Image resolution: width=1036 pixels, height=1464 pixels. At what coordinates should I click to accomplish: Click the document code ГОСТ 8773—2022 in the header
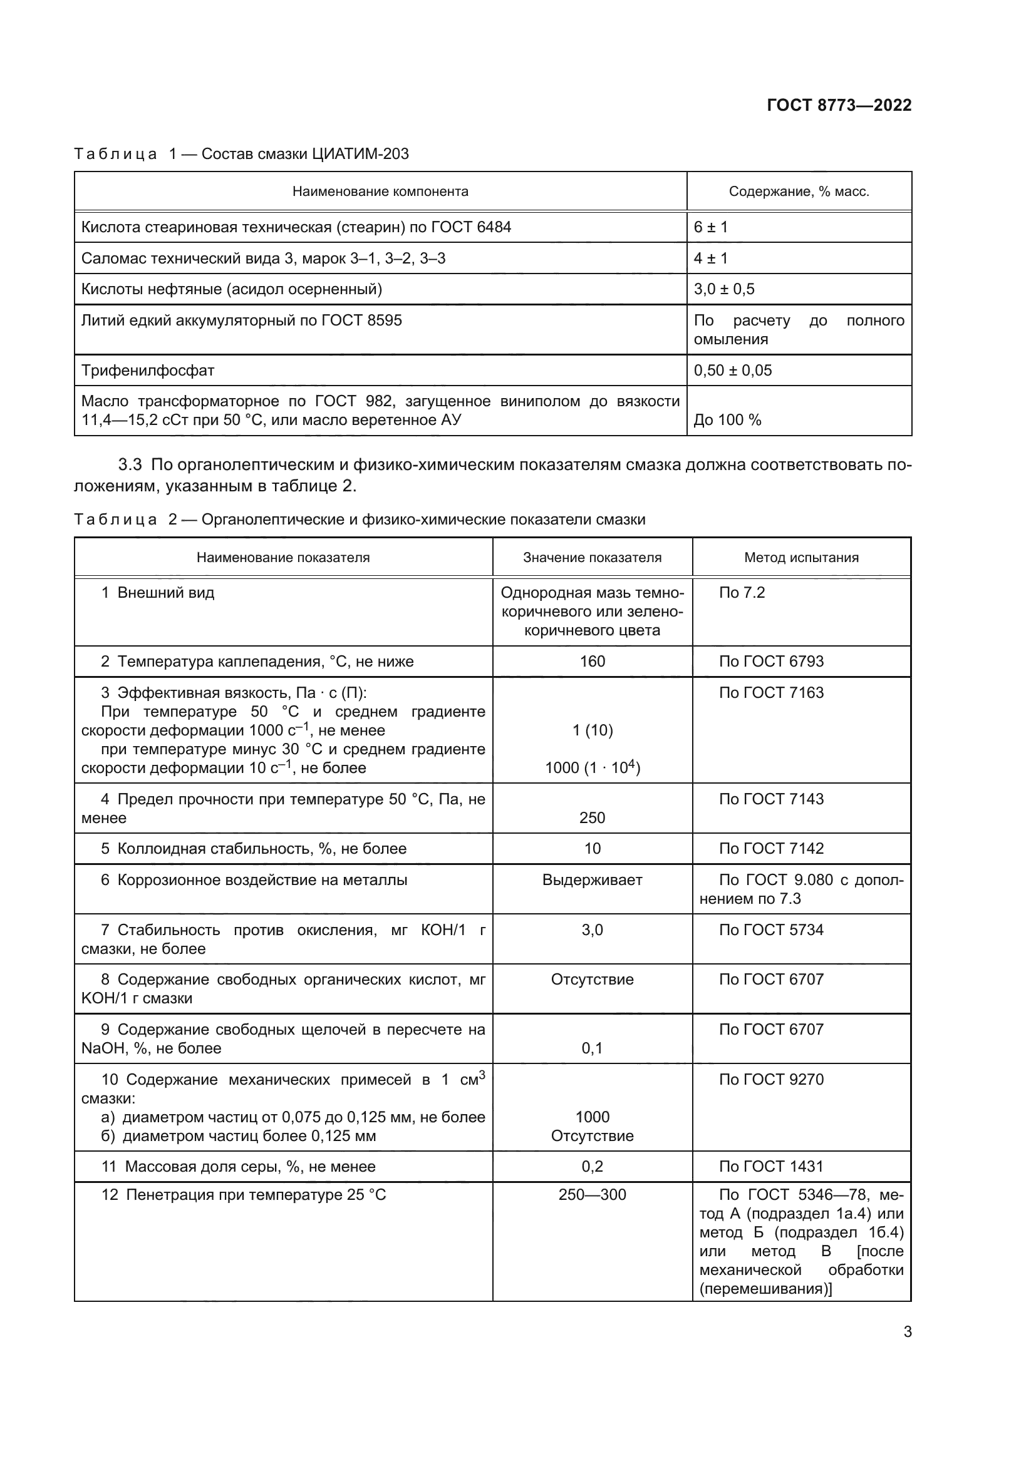(838, 105)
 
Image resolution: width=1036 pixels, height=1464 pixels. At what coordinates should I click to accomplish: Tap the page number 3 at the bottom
(907, 1331)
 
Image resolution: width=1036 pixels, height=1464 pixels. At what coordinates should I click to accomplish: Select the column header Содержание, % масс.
(799, 192)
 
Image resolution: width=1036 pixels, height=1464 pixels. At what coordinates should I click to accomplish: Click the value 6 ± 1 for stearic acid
(711, 227)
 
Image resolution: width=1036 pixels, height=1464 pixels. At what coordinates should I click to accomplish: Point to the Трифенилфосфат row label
(148, 370)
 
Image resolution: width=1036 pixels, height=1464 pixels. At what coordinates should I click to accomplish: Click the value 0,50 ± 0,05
(732, 370)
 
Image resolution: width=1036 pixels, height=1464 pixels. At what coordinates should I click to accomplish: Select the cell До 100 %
(727, 419)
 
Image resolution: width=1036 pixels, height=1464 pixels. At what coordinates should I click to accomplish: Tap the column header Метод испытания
(801, 557)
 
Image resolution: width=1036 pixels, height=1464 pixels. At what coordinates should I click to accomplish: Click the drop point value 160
(592, 661)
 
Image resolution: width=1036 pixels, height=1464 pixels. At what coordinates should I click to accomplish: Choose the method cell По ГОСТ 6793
(770, 661)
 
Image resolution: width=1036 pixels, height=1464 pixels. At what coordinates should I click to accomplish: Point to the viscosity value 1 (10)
(592, 730)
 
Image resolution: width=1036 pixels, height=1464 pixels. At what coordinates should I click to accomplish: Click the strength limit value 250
(592, 817)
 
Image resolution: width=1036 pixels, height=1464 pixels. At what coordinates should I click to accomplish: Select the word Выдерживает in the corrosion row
(592, 880)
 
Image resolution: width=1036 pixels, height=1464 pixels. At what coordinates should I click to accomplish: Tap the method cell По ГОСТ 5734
(770, 929)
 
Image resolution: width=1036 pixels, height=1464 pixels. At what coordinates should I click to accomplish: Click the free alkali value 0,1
(592, 1048)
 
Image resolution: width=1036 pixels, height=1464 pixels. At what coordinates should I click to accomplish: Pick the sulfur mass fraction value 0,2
(592, 1166)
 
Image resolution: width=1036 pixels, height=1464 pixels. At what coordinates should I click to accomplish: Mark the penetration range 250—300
(592, 1194)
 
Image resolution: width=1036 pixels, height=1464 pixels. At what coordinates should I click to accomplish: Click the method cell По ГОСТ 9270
(770, 1080)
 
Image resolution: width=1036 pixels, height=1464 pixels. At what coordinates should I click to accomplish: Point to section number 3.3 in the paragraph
(130, 465)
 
